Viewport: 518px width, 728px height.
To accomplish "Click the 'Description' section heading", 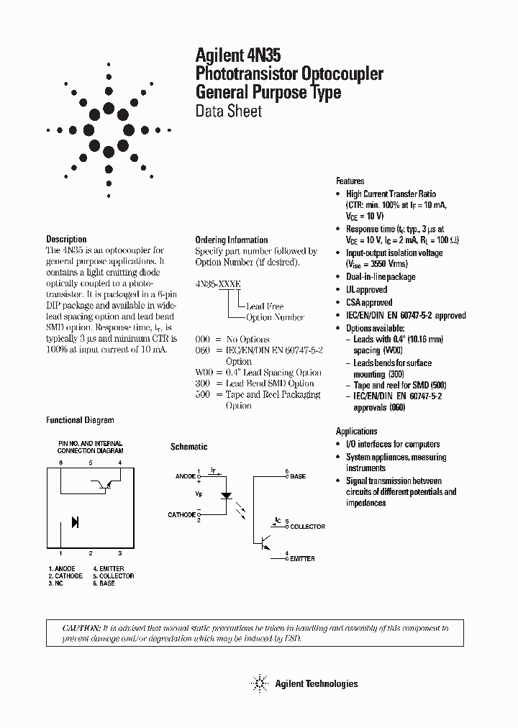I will point(66,239).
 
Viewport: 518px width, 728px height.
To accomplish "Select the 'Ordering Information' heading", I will point(231,240).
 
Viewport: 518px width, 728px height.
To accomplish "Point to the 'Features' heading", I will point(350,181).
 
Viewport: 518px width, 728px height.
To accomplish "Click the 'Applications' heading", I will point(356,432).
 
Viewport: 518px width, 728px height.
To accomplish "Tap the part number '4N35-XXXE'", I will point(218,285).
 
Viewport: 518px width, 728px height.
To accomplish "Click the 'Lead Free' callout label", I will point(264,306).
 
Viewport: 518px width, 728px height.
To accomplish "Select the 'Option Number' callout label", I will point(274,317).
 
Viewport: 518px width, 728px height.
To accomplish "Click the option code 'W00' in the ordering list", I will point(203,373).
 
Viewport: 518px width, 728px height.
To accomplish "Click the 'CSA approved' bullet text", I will point(369,302).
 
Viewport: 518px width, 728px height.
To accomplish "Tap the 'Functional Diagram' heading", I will point(80,420).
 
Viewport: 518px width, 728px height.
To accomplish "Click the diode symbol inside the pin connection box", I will point(75,522).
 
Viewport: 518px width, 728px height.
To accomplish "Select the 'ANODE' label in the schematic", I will point(185,476).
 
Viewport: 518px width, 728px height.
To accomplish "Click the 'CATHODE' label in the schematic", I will point(182,515).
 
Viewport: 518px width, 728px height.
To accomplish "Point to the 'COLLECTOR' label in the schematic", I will point(307,527).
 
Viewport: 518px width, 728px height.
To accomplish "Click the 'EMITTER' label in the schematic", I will point(302,558).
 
